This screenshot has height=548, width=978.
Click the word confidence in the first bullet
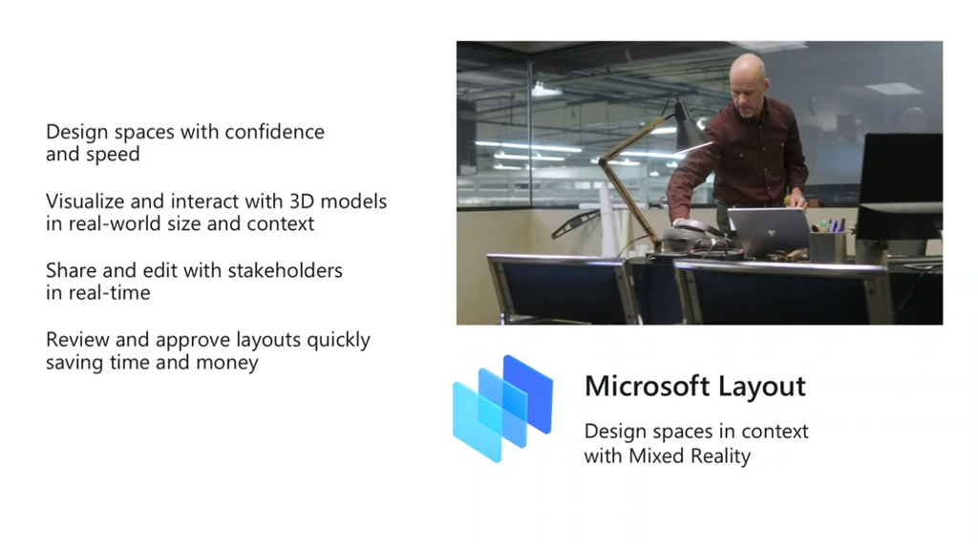[x=274, y=132]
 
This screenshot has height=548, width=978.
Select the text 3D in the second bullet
[x=303, y=201]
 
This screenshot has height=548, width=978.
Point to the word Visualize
[x=85, y=201]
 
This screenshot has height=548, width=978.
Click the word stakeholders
[x=285, y=270]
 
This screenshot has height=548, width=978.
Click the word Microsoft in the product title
[x=648, y=386]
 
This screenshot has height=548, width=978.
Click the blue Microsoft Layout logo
[x=502, y=409]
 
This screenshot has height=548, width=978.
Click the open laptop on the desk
[x=769, y=231]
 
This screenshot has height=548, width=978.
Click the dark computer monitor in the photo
[x=900, y=186]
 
